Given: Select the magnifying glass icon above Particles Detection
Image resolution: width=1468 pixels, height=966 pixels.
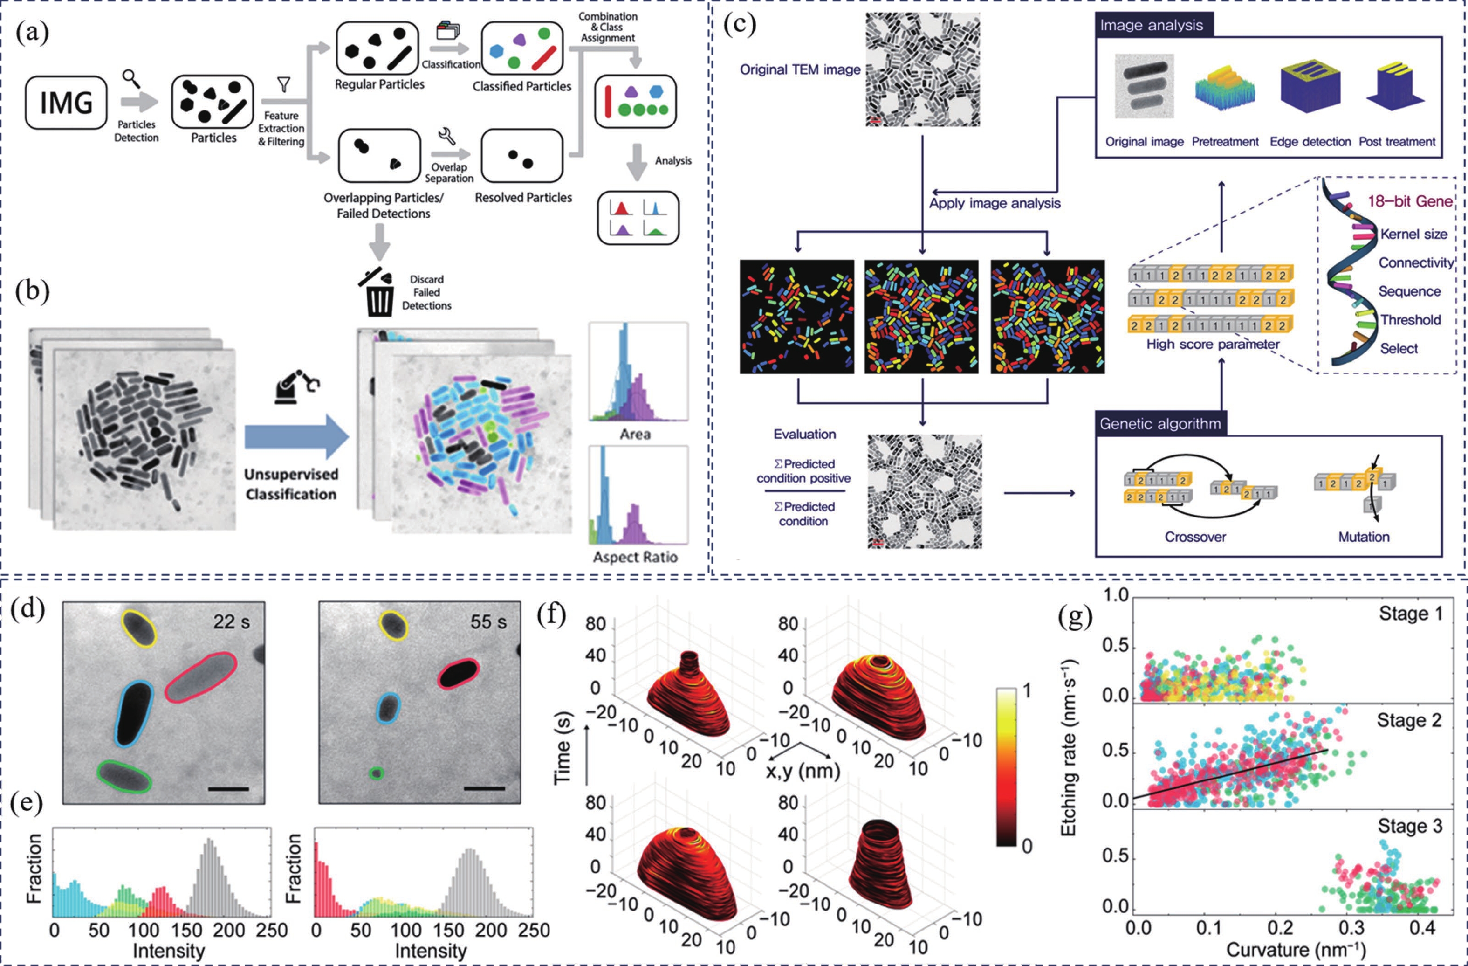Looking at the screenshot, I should [131, 78].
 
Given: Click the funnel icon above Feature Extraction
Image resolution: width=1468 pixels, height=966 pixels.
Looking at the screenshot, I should [284, 84].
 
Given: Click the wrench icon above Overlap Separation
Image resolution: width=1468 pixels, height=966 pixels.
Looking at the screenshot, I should [446, 136].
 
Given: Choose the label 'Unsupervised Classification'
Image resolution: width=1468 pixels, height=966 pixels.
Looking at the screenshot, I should [291, 484].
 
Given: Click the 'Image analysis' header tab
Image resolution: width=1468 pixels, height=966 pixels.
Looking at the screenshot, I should [1151, 25].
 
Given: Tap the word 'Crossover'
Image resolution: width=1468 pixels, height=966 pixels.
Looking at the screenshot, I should [1195, 537].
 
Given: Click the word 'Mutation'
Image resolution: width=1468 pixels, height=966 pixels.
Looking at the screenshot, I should [1363, 537].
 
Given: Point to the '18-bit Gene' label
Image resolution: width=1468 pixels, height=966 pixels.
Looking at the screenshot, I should [1409, 202].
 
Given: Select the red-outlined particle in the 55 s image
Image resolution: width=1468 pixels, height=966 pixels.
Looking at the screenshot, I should [458, 673].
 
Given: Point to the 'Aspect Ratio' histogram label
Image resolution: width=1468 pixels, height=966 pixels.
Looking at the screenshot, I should [635, 557].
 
